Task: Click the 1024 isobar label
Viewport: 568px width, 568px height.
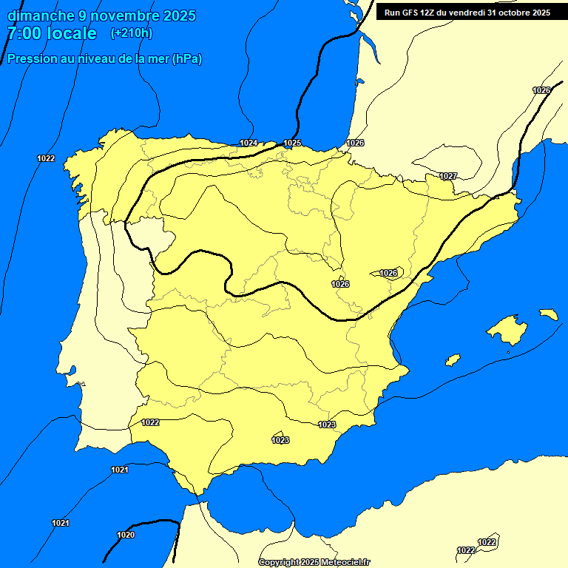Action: point(248,143)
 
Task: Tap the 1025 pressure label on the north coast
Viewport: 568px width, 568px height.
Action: point(292,143)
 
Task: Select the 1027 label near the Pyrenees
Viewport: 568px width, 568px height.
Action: point(448,176)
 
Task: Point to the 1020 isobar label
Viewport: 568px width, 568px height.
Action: point(126,535)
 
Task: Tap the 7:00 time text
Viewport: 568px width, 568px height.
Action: point(24,33)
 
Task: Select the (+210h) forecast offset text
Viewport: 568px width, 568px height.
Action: point(131,33)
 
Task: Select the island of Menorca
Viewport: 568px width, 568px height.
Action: point(548,314)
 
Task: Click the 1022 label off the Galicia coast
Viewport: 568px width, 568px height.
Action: point(46,158)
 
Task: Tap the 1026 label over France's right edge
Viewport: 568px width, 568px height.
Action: point(541,90)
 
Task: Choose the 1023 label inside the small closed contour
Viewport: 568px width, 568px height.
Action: point(280,440)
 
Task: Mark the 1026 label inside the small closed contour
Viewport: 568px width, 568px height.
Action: point(388,273)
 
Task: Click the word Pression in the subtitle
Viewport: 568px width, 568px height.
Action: point(32,59)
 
